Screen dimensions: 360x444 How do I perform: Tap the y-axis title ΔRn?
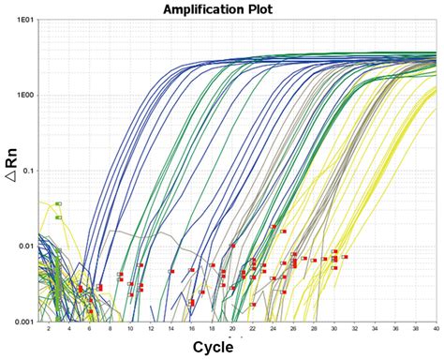point(12,171)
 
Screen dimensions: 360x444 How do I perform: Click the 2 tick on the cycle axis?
point(49,330)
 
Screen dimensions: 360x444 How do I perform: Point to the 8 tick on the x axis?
point(110,330)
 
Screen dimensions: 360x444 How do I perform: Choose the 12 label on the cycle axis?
point(151,330)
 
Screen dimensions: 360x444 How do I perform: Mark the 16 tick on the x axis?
point(191,330)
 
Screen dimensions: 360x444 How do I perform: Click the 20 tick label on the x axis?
point(232,330)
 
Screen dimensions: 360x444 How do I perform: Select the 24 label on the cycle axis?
point(273,330)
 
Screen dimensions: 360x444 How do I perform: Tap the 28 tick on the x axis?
point(314,330)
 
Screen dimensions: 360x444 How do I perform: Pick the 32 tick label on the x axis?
point(355,330)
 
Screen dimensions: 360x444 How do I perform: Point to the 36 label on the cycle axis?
point(395,330)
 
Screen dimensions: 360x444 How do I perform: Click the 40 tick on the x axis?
point(436,330)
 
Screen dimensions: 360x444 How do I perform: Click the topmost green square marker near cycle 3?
point(58,203)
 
